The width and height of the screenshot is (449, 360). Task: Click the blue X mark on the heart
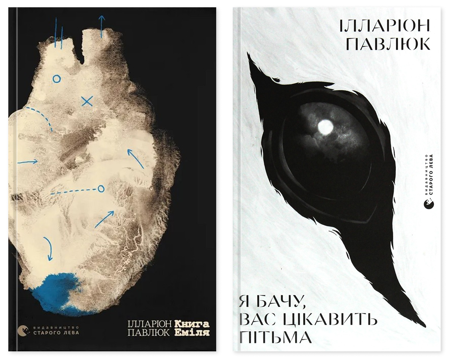click(x=87, y=101)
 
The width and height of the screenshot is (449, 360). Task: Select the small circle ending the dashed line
click(x=100, y=189)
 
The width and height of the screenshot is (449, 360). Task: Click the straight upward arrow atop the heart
click(x=101, y=26)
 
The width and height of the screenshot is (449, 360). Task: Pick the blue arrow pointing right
click(x=28, y=162)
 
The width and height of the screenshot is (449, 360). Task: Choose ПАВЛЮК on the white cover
click(x=388, y=44)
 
